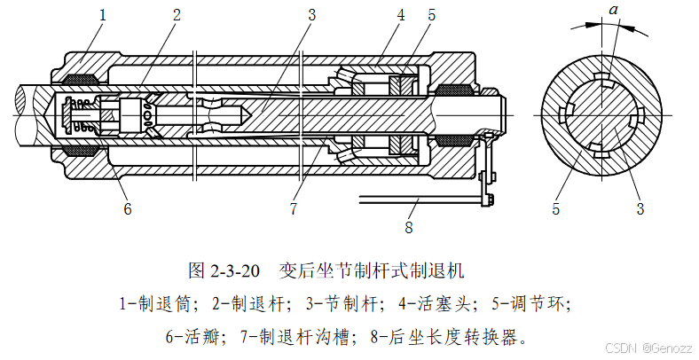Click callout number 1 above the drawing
tap(103, 15)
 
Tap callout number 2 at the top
tap(176, 15)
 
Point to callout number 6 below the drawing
tap(127, 209)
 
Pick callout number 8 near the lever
tap(409, 226)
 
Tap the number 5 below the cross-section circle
tap(556, 209)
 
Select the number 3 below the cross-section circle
tap(640, 209)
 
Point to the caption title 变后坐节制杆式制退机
tap(372, 268)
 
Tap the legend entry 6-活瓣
tap(194, 336)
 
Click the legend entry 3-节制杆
tap(348, 302)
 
